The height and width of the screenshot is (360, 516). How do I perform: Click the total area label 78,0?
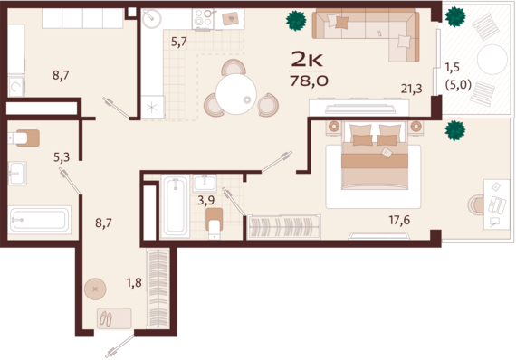[309, 81]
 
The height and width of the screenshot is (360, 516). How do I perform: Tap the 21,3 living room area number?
[411, 89]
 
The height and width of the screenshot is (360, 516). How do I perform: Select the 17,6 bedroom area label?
[399, 220]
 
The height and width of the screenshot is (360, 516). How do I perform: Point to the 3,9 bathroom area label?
[206, 200]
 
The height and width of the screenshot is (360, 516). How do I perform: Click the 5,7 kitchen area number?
[179, 42]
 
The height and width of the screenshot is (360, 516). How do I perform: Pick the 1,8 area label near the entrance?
[134, 282]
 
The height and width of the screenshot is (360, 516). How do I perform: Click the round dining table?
[236, 94]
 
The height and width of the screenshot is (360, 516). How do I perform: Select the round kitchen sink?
[152, 19]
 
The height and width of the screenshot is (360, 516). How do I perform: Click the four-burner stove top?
[203, 18]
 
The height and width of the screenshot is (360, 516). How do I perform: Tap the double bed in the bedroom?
[375, 156]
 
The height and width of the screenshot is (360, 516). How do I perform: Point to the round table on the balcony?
[492, 60]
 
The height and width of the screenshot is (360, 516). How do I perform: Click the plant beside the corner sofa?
[296, 21]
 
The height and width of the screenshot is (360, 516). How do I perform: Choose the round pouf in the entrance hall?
[95, 289]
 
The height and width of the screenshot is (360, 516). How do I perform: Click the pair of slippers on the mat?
[106, 318]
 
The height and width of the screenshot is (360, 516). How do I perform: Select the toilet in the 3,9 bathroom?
[215, 223]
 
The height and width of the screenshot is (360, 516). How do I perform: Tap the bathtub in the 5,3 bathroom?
[40, 220]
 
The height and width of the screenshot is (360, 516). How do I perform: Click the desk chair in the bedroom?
[476, 204]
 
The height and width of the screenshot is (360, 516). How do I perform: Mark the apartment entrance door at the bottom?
[120, 346]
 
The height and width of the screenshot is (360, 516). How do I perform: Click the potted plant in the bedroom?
[455, 130]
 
